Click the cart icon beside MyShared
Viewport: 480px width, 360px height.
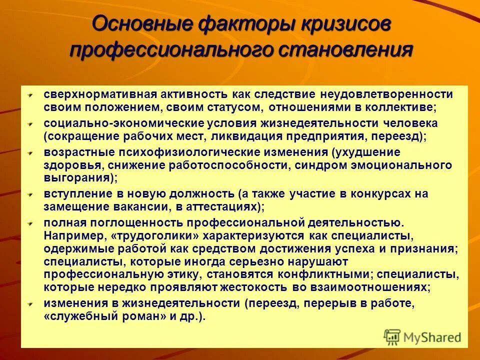(392, 336)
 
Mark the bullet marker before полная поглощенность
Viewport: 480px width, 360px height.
(30, 222)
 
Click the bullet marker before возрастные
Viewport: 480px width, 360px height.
(30, 152)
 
